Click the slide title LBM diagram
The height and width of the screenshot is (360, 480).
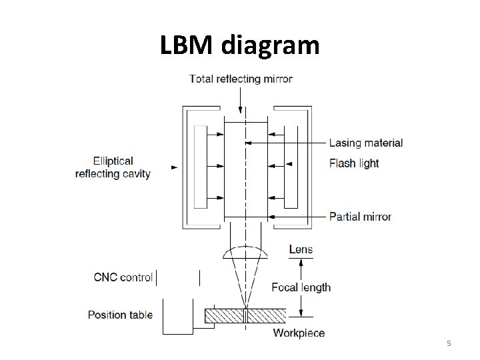[240, 46]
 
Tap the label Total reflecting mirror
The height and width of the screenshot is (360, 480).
[241, 79]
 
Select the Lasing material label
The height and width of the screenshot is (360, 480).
[366, 143]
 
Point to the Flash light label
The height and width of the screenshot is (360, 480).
[354, 163]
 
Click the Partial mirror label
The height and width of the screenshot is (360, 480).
[360, 217]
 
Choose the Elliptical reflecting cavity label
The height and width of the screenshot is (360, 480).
[113, 167]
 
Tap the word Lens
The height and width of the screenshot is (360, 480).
[301, 249]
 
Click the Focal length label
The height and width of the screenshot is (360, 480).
[301, 287]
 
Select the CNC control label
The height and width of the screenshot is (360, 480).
[123, 277]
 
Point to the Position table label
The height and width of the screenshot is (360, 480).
[120, 315]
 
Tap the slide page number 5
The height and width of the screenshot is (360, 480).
[449, 343]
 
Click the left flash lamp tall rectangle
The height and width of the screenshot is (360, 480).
[200, 167]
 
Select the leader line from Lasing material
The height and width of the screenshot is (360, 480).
[287, 143]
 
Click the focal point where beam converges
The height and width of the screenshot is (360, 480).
[245, 306]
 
